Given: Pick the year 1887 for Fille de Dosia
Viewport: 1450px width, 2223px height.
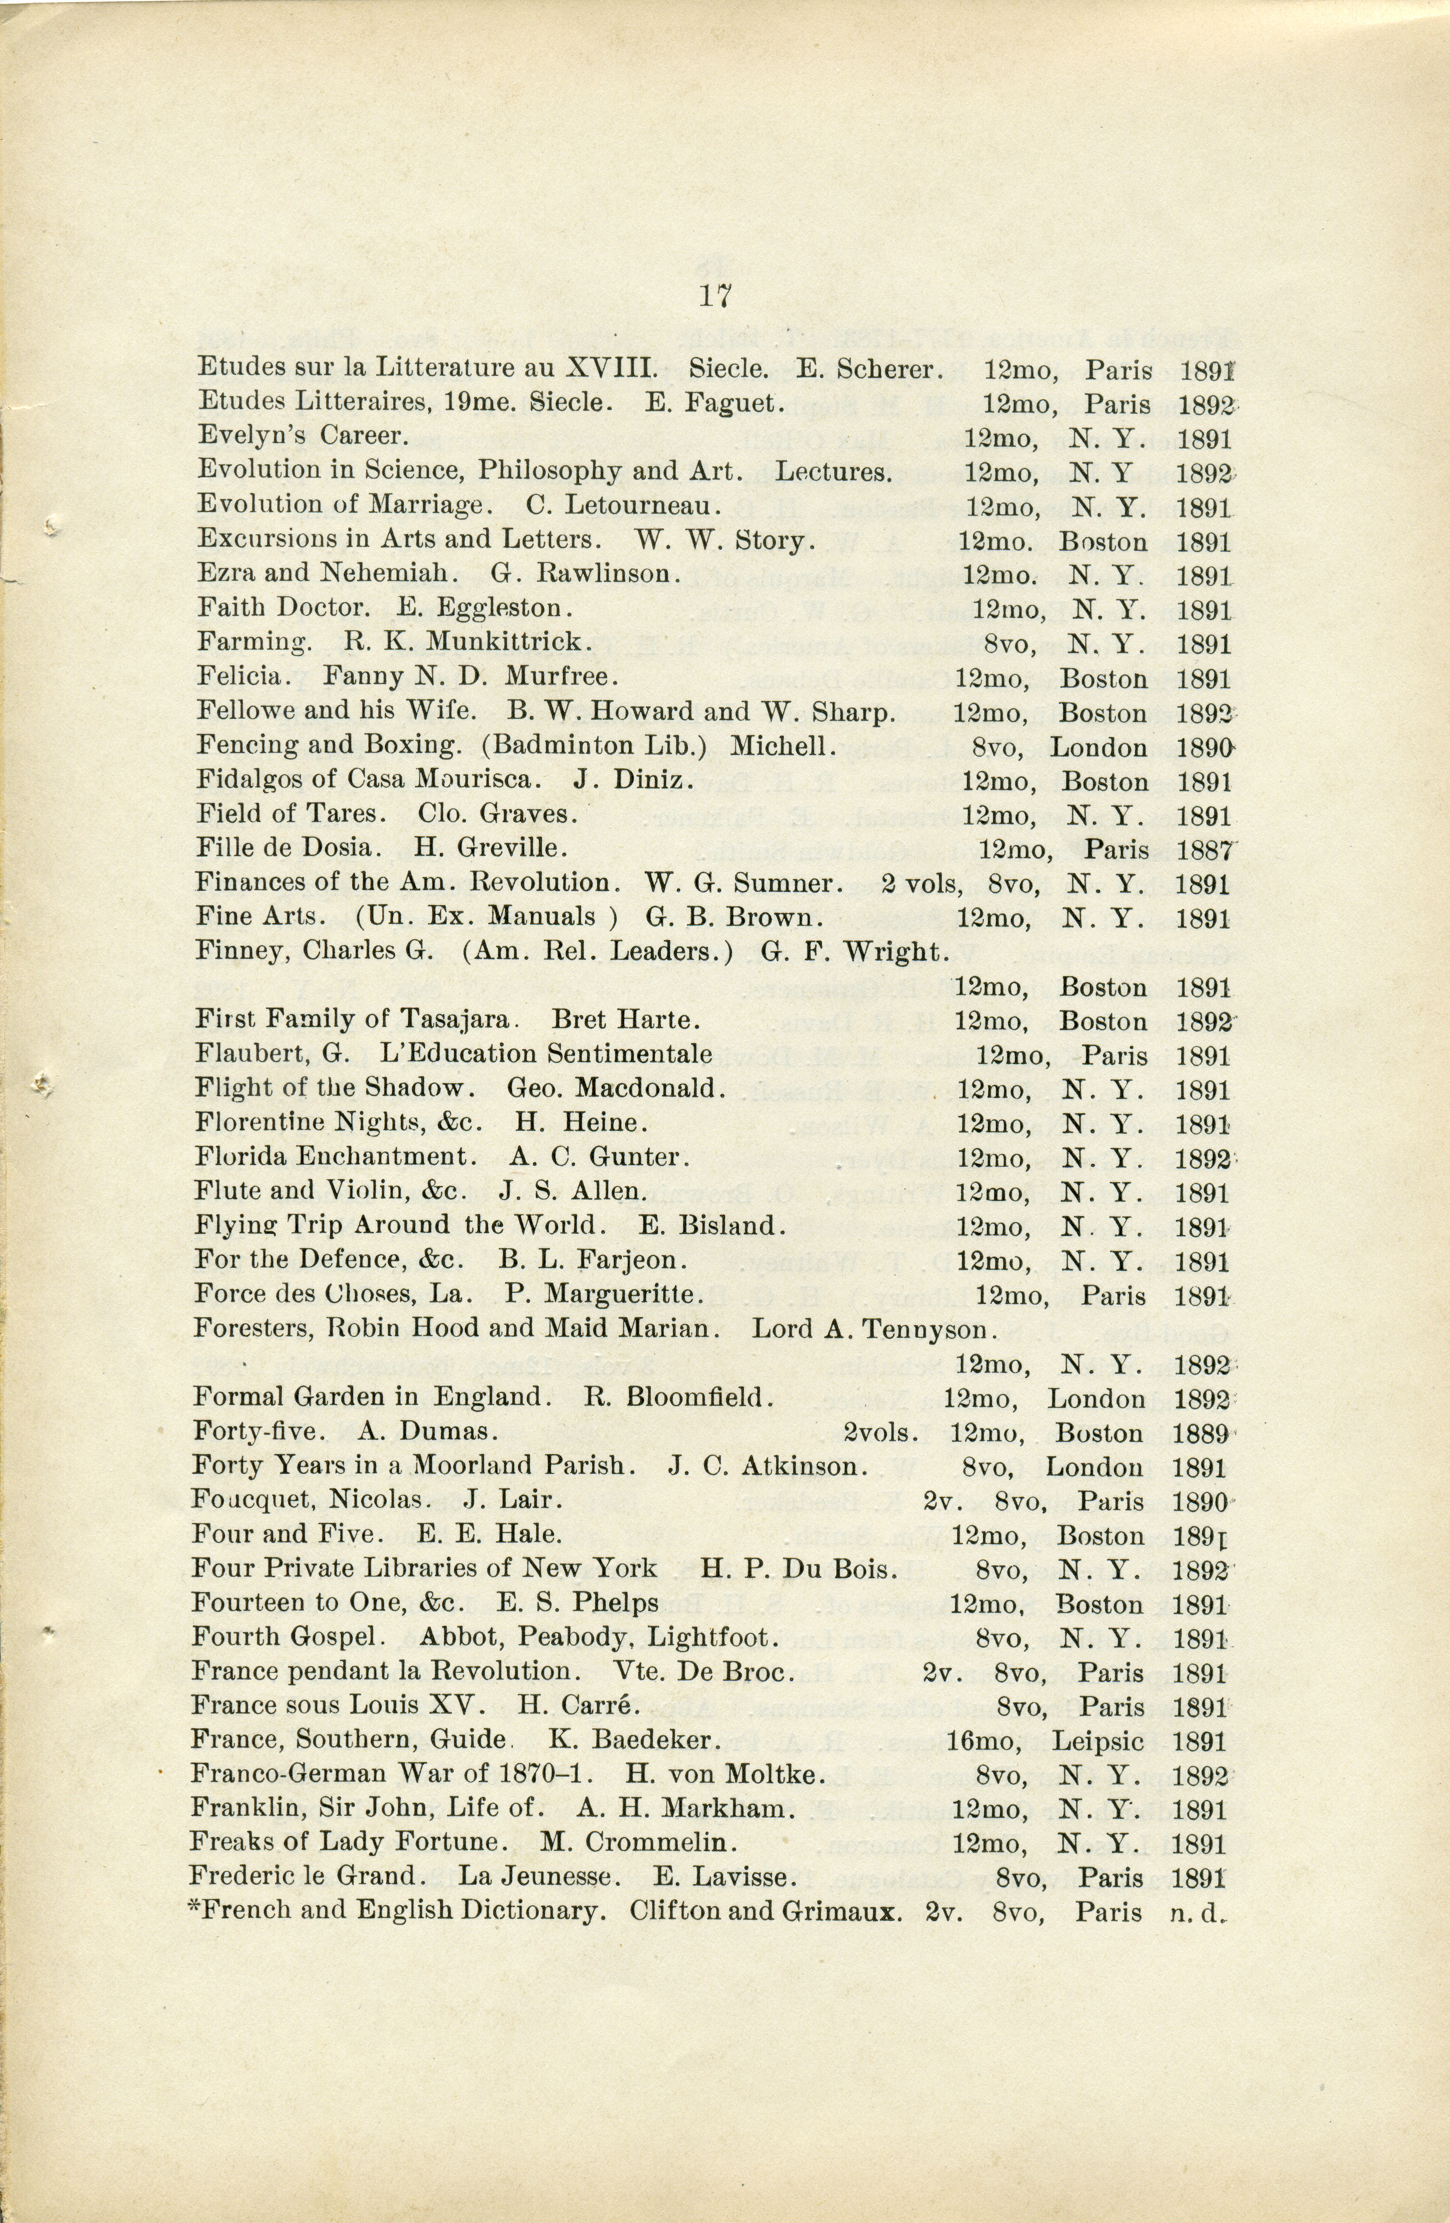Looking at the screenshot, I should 1206,850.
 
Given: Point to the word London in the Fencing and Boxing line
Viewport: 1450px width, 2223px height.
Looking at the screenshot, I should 1098,747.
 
